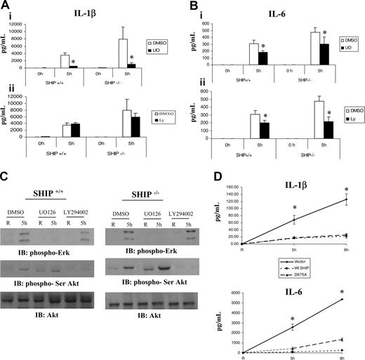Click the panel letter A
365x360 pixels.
point(6,6)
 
